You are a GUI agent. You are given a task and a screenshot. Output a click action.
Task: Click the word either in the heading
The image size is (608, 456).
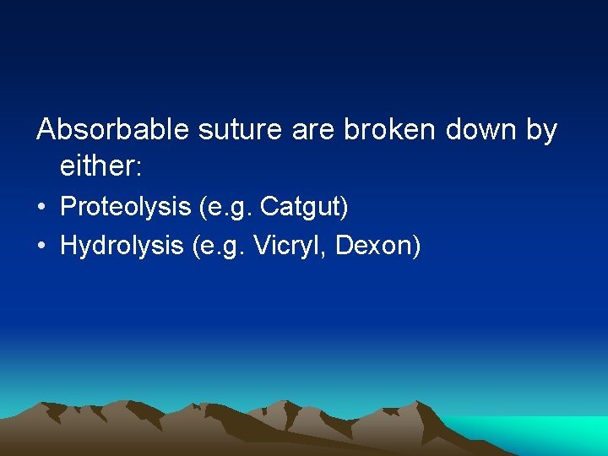click(95, 166)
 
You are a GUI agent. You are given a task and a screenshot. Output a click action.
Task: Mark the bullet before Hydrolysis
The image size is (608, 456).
click(42, 246)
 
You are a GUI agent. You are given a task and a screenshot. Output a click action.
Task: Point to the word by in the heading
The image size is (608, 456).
click(542, 132)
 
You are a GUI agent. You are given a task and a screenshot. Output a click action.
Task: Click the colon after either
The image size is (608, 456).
click(138, 168)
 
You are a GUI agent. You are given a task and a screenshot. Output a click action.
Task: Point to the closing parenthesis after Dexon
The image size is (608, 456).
click(415, 247)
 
